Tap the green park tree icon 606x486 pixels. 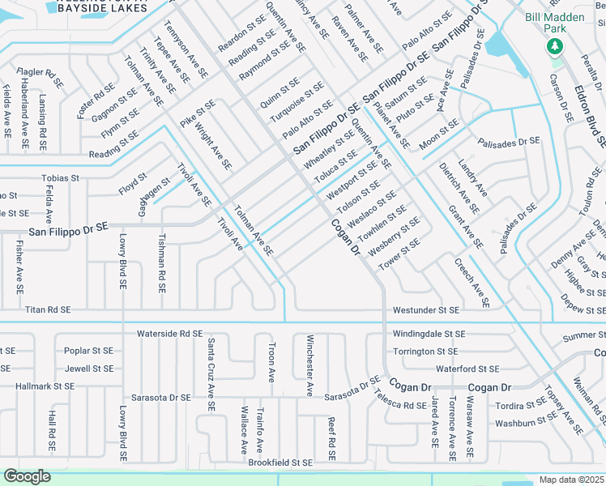(555, 46)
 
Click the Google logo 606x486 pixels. (27, 475)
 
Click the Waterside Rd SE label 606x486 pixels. (169, 333)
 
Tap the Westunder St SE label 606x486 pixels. (426, 309)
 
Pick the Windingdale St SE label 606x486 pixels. (429, 334)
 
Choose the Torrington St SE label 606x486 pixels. (425, 352)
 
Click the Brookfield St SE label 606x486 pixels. (280, 462)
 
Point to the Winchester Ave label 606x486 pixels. (309, 365)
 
